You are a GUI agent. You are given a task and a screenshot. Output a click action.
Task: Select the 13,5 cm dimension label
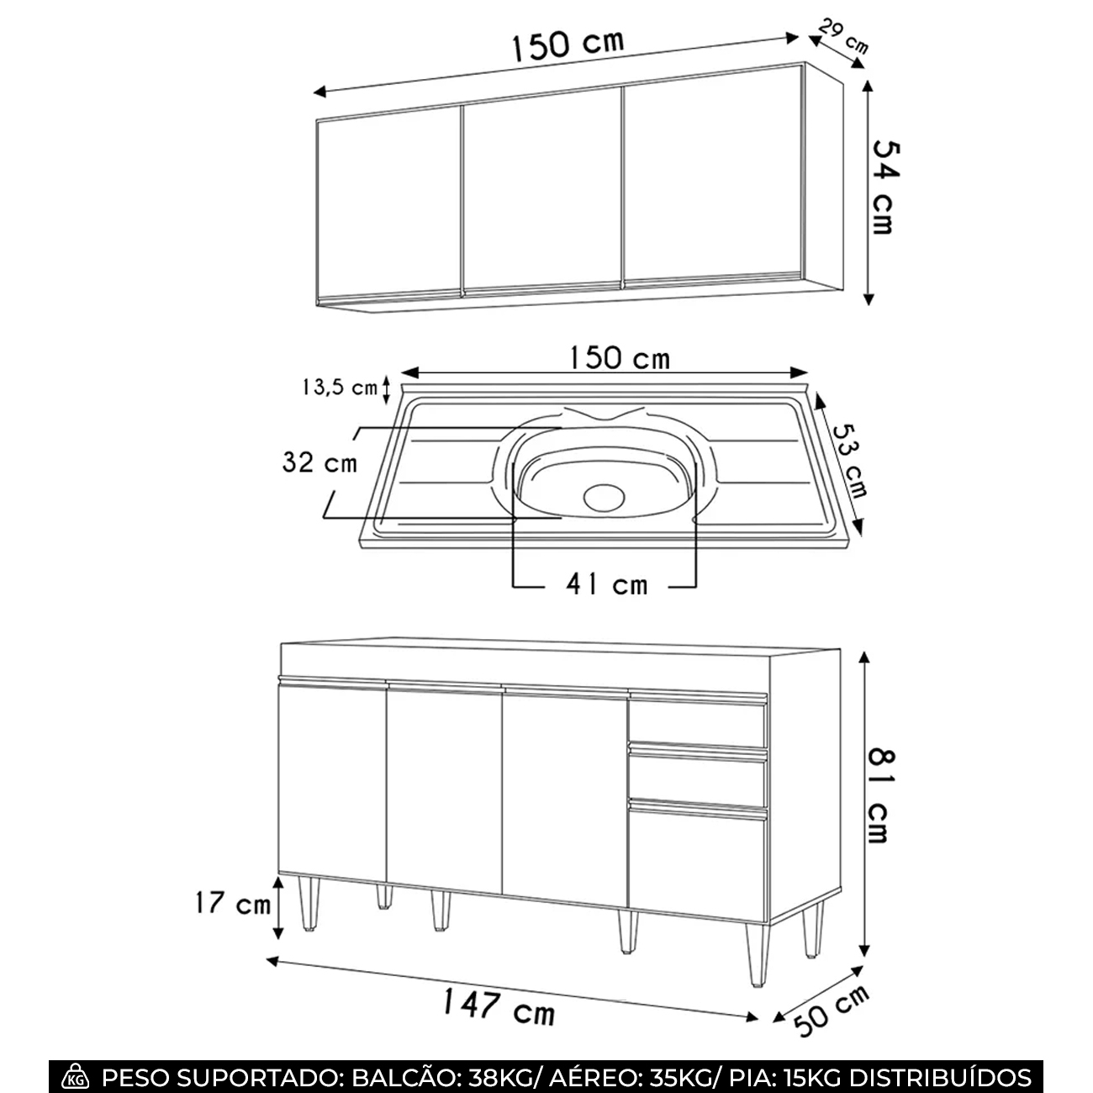(339, 388)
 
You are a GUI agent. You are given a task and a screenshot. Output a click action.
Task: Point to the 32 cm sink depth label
(319, 462)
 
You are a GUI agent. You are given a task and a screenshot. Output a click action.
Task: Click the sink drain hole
(605, 496)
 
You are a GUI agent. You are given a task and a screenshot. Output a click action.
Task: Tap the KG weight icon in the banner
(74, 1076)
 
